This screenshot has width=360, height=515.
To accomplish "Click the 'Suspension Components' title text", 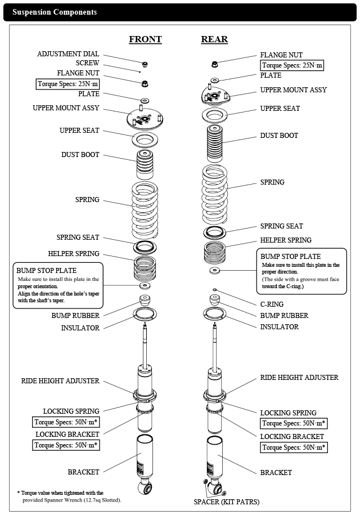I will tap(55, 12).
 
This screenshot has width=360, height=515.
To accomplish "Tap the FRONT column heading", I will tap(145, 39).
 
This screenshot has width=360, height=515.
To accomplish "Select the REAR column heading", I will tap(214, 39).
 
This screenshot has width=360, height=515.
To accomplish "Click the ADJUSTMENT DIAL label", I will tap(68, 54).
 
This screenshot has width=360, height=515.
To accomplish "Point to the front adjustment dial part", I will tap(145, 63).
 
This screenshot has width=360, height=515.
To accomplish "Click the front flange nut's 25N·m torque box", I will tap(67, 84).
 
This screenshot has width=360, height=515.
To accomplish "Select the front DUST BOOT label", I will tap(80, 154).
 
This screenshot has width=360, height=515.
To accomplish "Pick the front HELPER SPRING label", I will tap(74, 253).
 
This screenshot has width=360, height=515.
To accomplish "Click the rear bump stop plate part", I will tap(214, 271).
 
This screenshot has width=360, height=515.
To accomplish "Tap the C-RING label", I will tap(273, 304).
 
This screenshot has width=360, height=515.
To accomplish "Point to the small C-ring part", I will tap(214, 290).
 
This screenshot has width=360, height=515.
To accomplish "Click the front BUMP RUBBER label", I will tap(75, 317).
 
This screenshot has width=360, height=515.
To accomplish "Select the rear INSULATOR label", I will tap(279, 327).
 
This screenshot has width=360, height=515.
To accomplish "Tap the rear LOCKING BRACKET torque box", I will tap(294, 448).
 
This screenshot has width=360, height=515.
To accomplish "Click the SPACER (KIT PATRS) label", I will tap(227, 501).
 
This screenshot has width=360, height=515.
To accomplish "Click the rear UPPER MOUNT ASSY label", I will tap(293, 90).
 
